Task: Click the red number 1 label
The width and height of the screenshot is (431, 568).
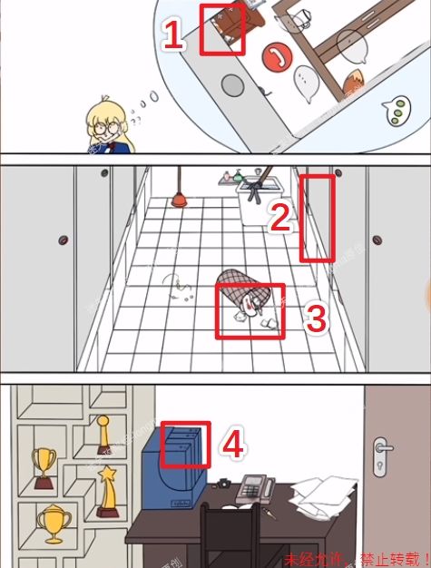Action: pyautogui.click(x=173, y=37)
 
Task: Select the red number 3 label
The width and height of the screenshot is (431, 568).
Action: pyautogui.click(x=315, y=318)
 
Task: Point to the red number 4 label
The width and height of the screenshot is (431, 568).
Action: pyautogui.click(x=233, y=444)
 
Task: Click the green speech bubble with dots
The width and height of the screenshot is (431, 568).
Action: pyautogui.click(x=395, y=110)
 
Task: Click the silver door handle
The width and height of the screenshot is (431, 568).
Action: pyautogui.click(x=383, y=446)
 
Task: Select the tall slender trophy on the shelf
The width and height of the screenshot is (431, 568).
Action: pyautogui.click(x=103, y=433)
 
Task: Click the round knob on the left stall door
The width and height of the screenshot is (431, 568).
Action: pyautogui.click(x=63, y=240)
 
